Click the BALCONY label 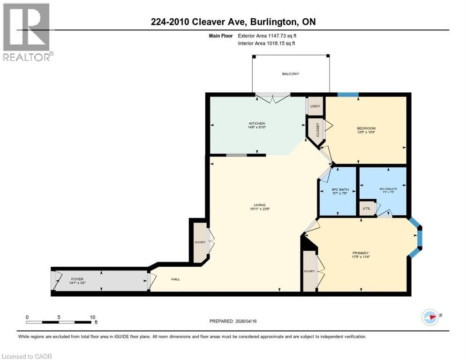coord(290,74)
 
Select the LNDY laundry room coord(315,106)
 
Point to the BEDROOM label coord(366,128)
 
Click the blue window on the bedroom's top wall coord(348,95)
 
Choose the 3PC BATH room coord(337,190)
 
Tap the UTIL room coord(367,209)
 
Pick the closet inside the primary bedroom coord(309,271)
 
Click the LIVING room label coord(260,205)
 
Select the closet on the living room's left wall coord(200,242)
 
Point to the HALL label coord(175,279)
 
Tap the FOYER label coord(77,279)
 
